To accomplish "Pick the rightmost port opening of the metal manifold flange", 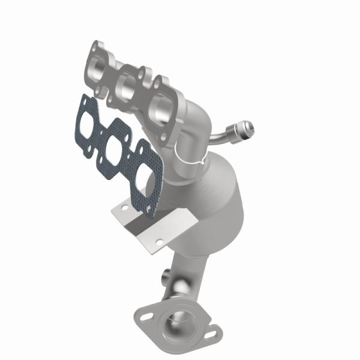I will [163, 112].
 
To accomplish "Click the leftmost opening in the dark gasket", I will [86, 121].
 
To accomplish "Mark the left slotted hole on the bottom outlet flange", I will [146, 313].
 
